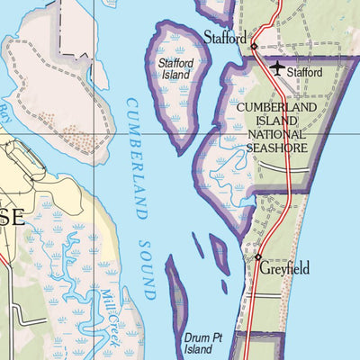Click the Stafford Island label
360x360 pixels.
pyautogui.click(x=176, y=69)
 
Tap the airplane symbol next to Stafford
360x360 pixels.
pyautogui.click(x=276, y=68)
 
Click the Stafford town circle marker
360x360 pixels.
pyautogui.click(x=255, y=46)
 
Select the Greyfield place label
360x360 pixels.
pyautogui.click(x=285, y=268)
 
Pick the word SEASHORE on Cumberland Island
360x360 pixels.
pyautogui.click(x=276, y=148)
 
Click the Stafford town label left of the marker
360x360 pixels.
pyautogui.click(x=225, y=39)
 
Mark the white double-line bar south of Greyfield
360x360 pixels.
pyautogui.click(x=270, y=295)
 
